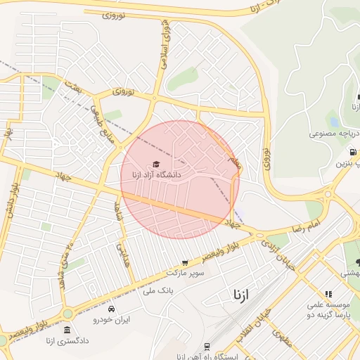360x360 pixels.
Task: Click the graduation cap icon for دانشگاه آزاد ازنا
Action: pyautogui.click(x=156, y=164)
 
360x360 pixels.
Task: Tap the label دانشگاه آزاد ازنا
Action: pyautogui.click(x=156, y=174)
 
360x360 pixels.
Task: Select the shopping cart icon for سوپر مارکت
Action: pyautogui.click(x=185, y=262)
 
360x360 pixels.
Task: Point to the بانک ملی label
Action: pyautogui.click(x=157, y=290)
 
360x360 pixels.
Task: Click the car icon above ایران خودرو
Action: pyautogui.click(x=111, y=309)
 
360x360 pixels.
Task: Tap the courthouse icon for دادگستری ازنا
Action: pyautogui.click(x=67, y=330)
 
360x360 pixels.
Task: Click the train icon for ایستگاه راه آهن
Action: pyautogui.click(x=207, y=347)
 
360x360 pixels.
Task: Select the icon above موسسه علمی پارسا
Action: pyautogui.click(x=328, y=294)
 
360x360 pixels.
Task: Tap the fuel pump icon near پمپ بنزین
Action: pyautogui.click(x=352, y=152)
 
